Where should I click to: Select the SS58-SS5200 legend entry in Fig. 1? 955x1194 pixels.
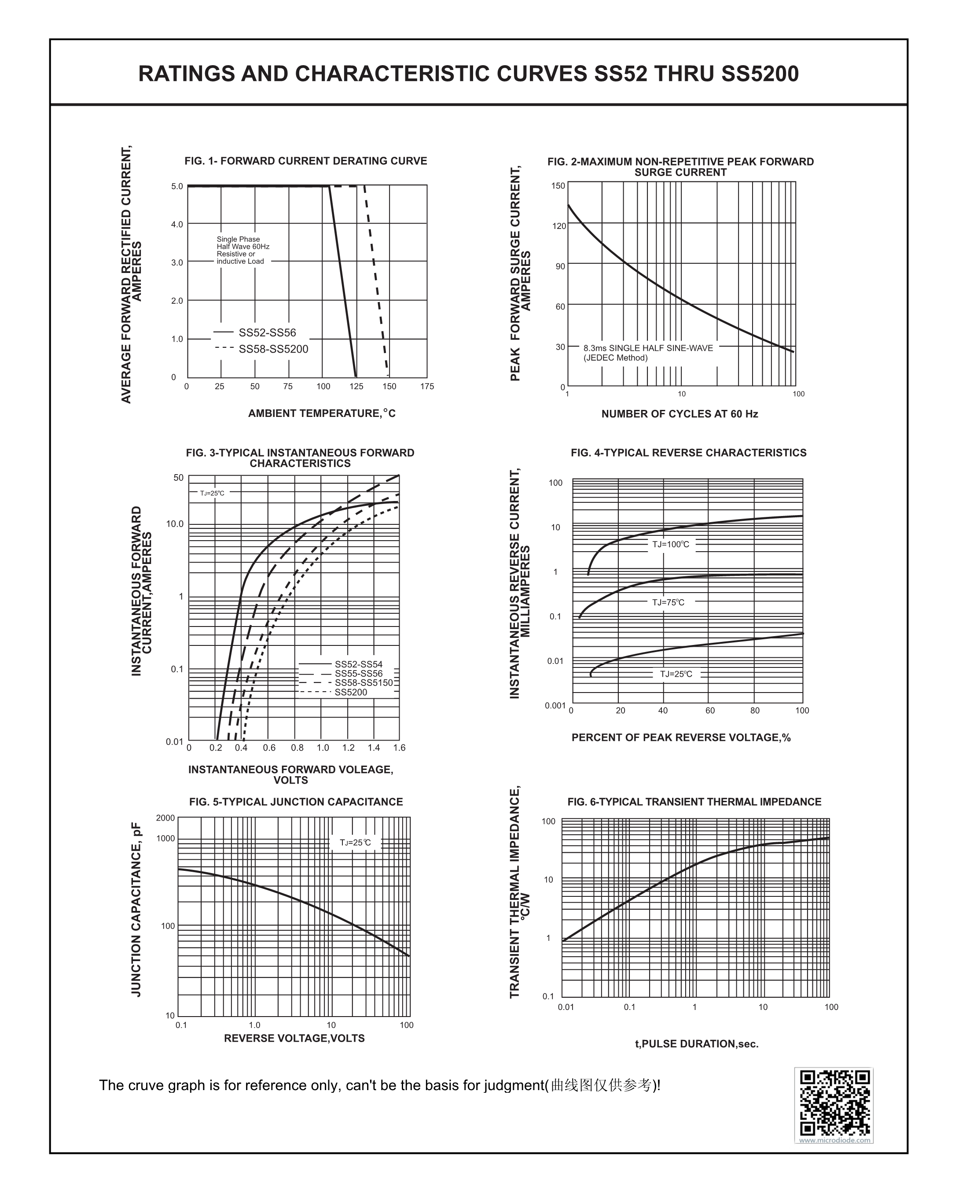tap(261, 349)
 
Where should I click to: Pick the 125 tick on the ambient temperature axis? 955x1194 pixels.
tap(356, 387)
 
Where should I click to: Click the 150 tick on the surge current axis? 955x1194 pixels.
tap(558, 185)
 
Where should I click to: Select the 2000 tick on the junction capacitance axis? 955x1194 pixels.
tap(165, 818)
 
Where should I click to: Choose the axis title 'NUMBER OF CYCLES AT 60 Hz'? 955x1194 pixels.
tap(680, 414)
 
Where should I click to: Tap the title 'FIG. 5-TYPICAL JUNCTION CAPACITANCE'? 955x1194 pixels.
tap(296, 802)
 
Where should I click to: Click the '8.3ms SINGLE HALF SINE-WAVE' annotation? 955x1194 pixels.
tap(648, 348)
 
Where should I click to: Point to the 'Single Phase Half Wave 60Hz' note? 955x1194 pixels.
tap(243, 243)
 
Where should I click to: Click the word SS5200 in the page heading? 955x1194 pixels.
tap(760, 74)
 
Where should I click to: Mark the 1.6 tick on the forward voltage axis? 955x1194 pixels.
tap(399, 748)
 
